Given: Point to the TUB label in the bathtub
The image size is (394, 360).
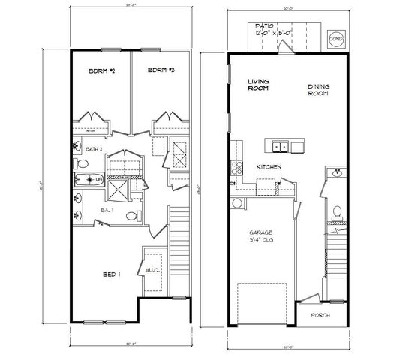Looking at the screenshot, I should point(97,180).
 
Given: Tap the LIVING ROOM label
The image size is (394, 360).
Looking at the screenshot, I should point(259,84).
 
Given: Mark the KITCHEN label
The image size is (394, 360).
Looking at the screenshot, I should point(268,167).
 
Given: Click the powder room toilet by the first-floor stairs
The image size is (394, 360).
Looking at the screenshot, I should point(338,212).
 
